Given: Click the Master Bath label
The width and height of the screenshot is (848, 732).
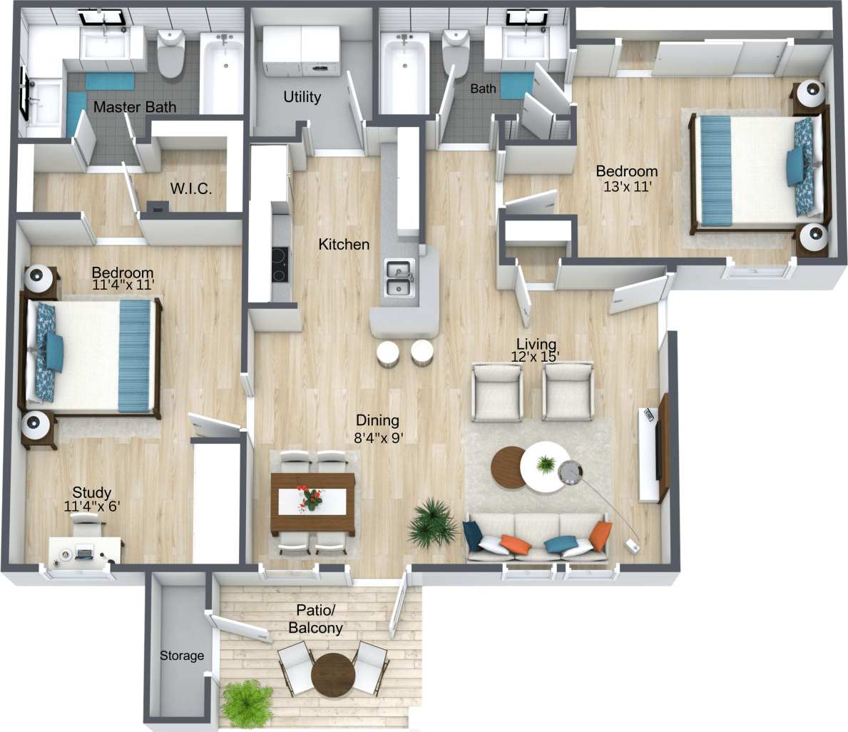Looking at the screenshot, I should point(135,107).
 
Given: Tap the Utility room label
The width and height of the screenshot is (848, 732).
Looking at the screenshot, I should point(302,96).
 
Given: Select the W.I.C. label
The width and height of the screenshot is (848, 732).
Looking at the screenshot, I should point(191,189).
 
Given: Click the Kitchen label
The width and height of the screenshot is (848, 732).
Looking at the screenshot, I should point(344,244).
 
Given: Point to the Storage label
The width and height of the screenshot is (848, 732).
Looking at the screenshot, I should point(181,656).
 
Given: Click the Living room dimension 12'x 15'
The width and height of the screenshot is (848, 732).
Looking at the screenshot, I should point(536,357).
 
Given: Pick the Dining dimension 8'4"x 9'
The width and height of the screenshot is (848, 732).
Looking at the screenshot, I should point(379,438).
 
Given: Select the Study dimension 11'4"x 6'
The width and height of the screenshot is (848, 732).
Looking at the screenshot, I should point(92,507).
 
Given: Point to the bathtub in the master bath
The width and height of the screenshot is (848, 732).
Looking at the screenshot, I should point(222,71).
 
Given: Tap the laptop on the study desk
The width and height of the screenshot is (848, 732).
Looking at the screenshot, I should point(85,551).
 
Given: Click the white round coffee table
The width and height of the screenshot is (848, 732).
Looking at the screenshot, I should point(546,468).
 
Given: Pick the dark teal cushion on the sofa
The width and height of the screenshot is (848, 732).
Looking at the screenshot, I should point(472,535).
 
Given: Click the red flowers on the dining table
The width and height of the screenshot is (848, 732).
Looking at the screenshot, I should point(311,497).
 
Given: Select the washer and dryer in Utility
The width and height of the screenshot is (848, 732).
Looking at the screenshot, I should point(302,51).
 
